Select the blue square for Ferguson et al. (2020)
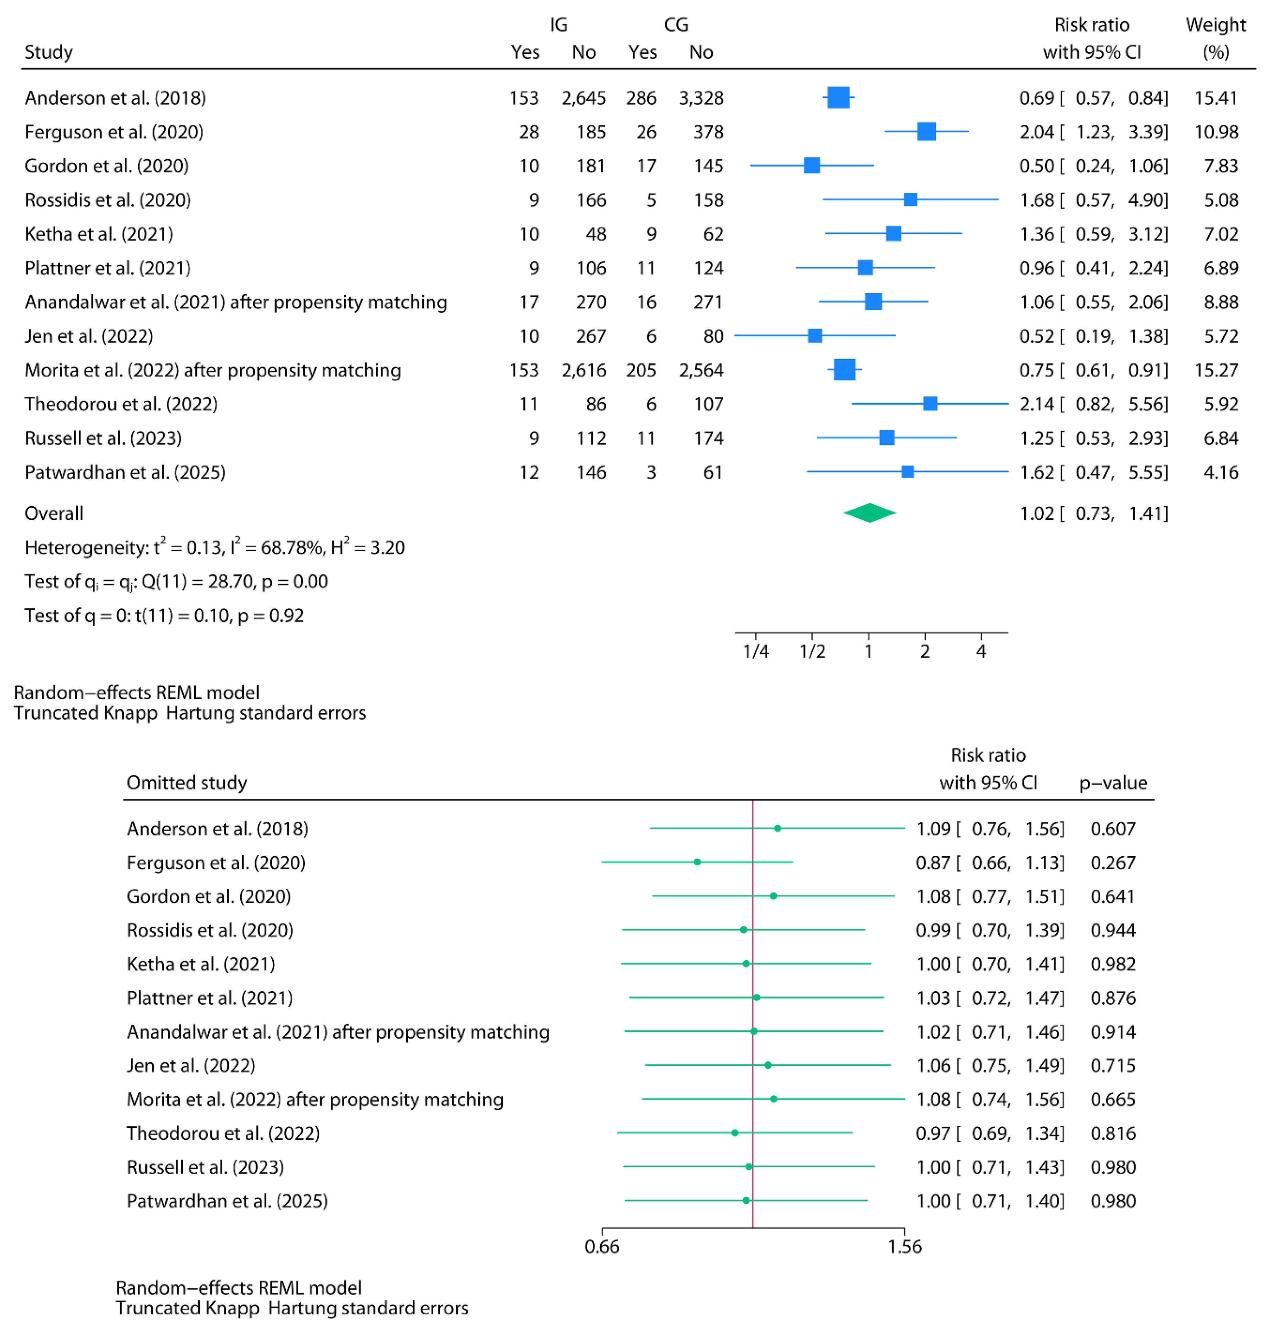point(926,132)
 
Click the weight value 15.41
point(1215,98)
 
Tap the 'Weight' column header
point(1215,25)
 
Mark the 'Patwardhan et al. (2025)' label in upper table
point(125,472)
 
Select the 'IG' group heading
point(558,25)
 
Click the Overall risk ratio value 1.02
point(1036,513)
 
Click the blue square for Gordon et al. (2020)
point(812,166)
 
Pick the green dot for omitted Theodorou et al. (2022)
point(735,1133)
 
